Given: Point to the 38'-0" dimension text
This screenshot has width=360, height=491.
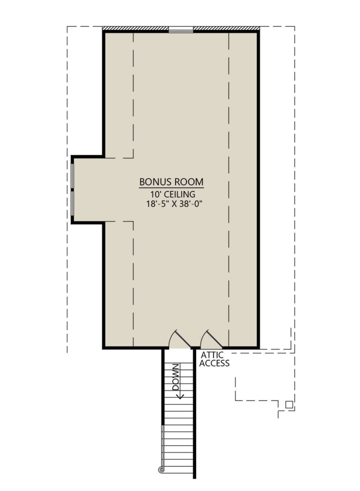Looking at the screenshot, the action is coord(190,204).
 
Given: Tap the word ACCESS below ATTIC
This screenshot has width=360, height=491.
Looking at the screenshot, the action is coord(214,363).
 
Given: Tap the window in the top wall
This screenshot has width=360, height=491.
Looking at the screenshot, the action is coord(181,30).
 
